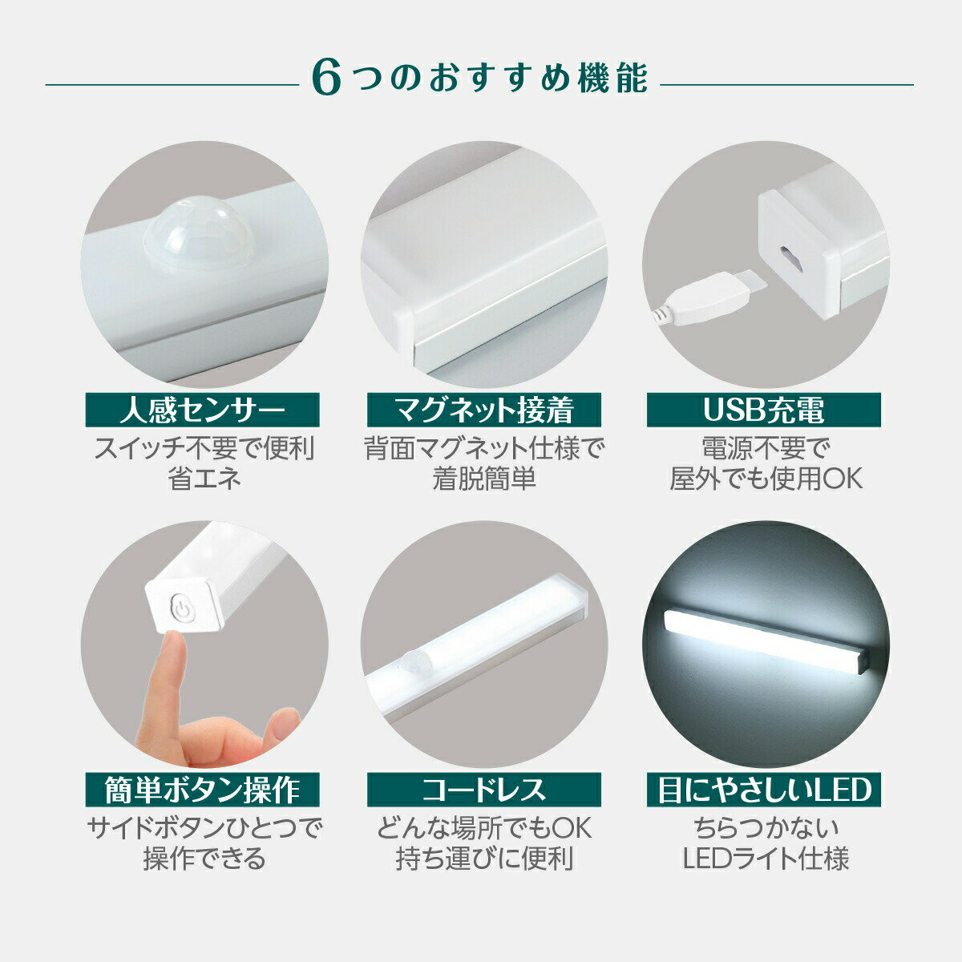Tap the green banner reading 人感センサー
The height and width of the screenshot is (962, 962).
[x=202, y=410]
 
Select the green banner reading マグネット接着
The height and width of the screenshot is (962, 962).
[x=483, y=410]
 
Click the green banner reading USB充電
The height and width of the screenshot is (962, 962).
[x=764, y=410]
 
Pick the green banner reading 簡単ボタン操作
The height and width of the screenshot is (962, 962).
[x=202, y=790]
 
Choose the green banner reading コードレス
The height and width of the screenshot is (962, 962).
[x=483, y=790]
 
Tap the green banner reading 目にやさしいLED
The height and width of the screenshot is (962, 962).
[x=764, y=790]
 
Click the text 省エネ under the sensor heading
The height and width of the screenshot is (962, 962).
[x=204, y=478]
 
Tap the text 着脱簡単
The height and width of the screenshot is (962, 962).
[x=483, y=478]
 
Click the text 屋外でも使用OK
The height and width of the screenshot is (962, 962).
[x=766, y=478]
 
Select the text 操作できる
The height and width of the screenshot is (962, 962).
[x=204, y=859]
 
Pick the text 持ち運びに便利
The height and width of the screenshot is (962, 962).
[x=483, y=859]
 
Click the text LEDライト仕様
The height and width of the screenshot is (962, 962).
[x=766, y=859]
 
